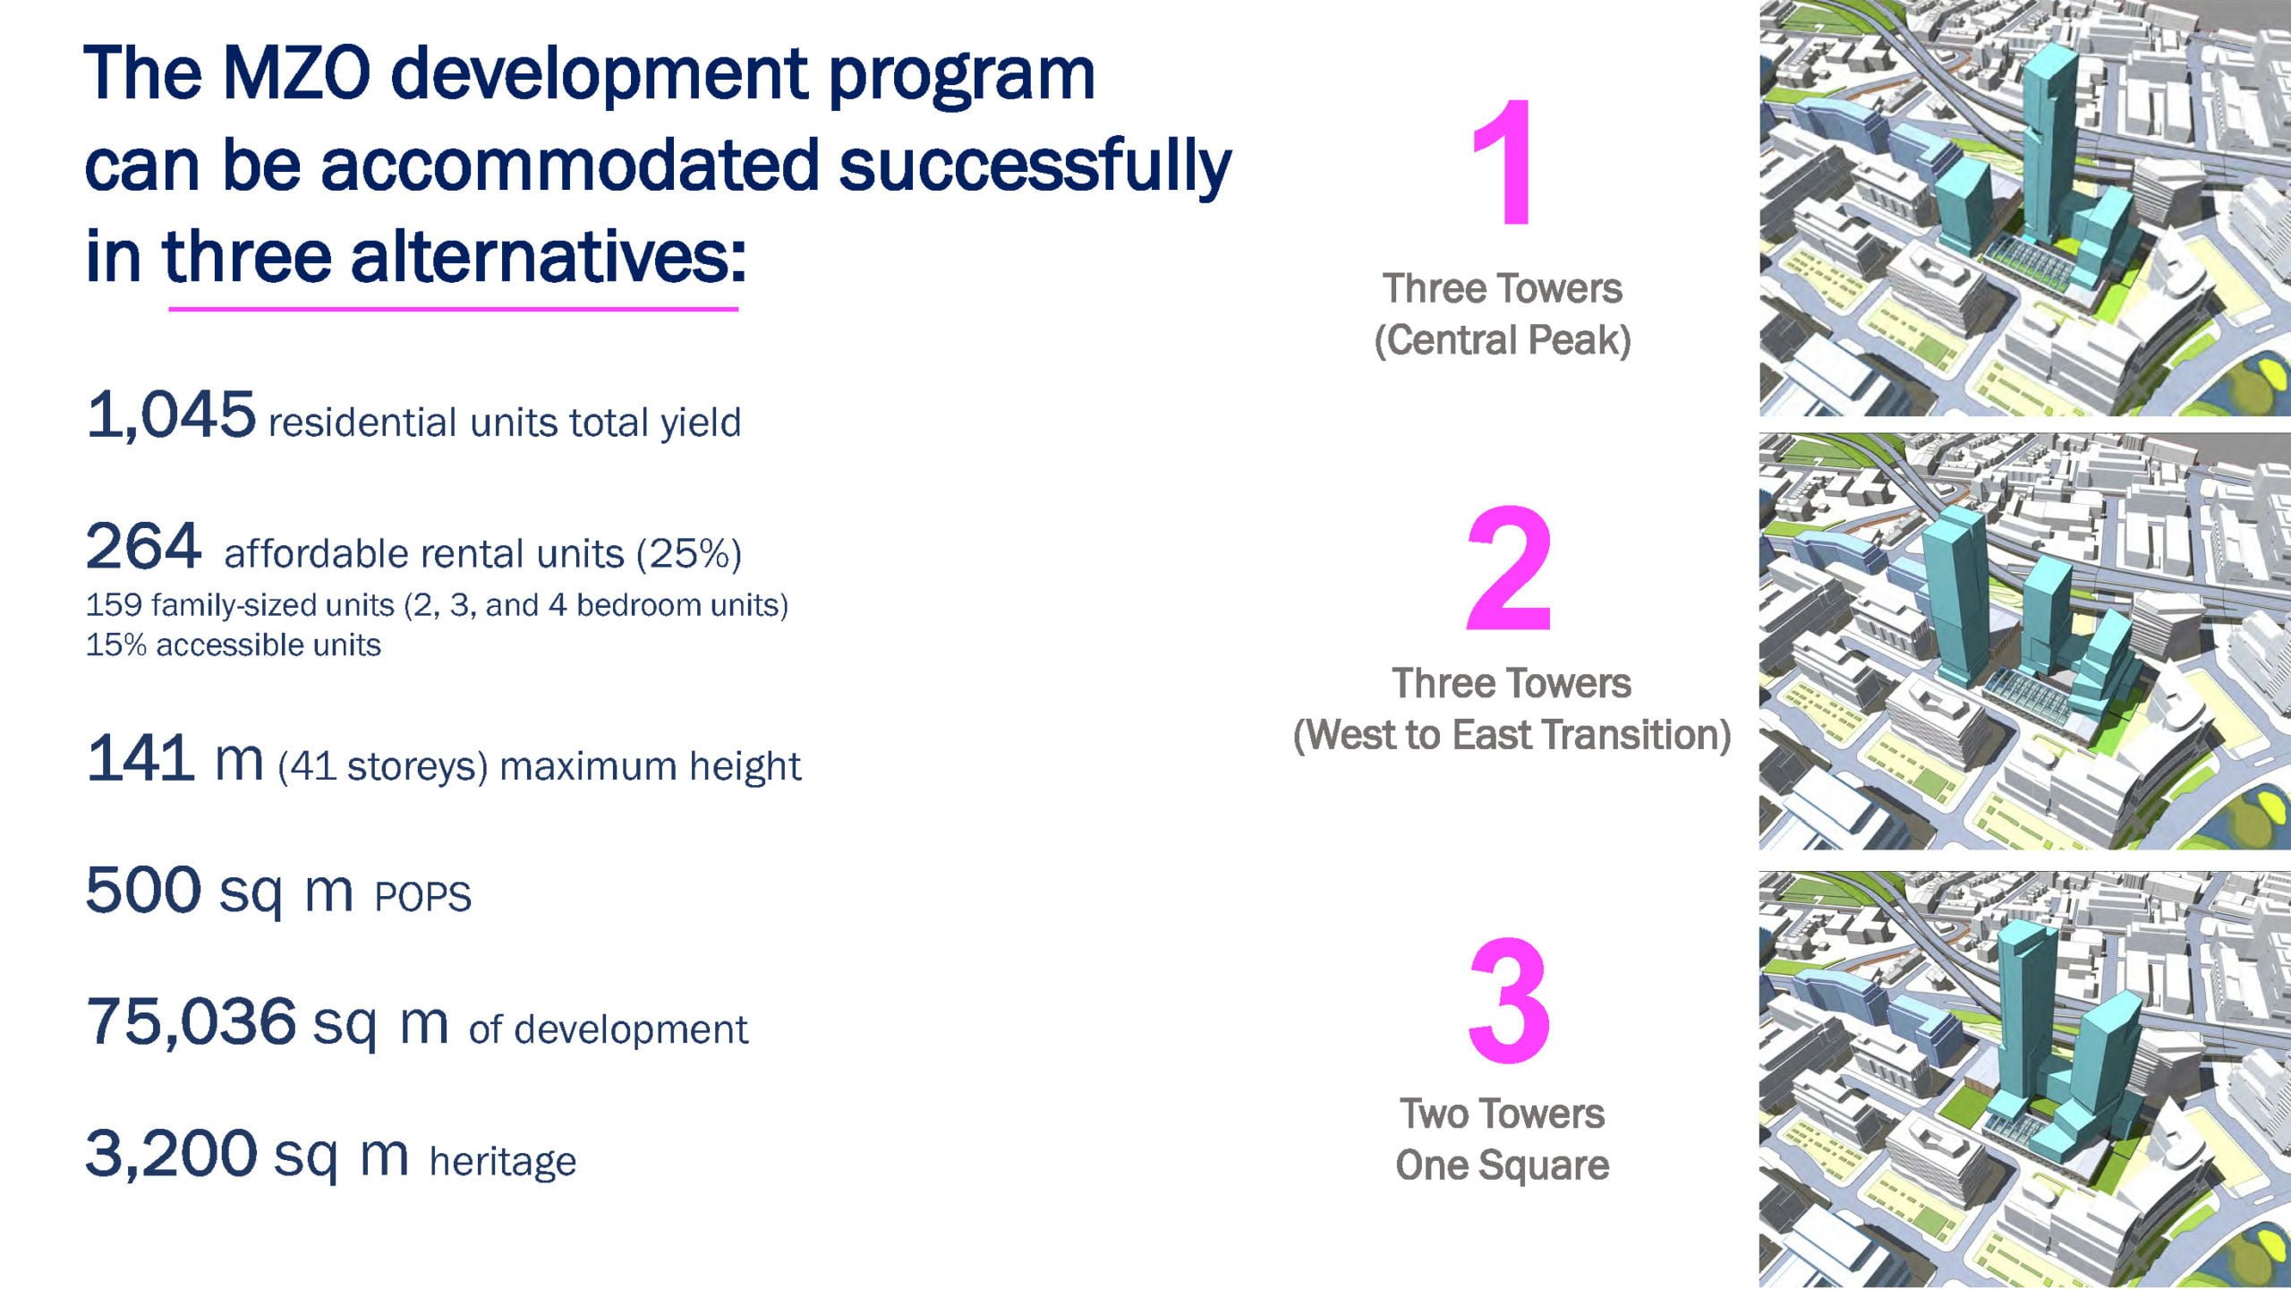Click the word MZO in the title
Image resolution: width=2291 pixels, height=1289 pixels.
(x=295, y=73)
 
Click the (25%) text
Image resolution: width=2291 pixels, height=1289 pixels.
(x=688, y=555)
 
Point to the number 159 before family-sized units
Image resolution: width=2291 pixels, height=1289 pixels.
(x=114, y=605)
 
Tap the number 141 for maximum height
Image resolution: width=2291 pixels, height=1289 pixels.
(x=140, y=757)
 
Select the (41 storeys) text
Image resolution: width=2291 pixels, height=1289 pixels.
(x=382, y=767)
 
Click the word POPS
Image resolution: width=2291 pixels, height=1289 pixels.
(x=422, y=897)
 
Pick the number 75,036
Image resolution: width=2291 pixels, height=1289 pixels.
(x=192, y=1021)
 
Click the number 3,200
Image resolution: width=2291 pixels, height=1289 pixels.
(x=171, y=1154)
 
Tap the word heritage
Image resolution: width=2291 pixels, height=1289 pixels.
(x=503, y=1162)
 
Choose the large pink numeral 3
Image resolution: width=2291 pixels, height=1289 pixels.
(x=1509, y=1000)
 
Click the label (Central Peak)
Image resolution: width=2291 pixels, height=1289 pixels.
(x=1503, y=340)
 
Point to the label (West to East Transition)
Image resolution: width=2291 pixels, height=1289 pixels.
(x=1512, y=735)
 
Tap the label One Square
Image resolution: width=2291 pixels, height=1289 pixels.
(x=1503, y=1165)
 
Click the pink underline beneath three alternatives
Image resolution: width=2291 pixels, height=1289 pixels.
(x=453, y=309)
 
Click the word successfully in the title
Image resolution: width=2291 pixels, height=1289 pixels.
(x=1035, y=166)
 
